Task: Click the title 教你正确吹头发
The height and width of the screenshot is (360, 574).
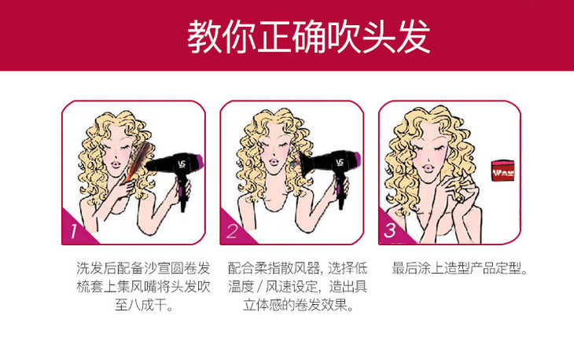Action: (x=308, y=36)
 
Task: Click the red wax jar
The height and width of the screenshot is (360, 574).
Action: (x=502, y=171)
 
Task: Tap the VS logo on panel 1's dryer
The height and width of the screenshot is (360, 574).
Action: (x=182, y=164)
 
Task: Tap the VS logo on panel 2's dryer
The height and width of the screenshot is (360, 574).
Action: (x=340, y=162)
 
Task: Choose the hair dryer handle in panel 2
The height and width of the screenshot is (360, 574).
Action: (x=340, y=191)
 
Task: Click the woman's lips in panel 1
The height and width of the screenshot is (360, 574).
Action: (x=116, y=164)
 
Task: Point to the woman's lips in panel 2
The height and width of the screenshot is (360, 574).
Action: (x=274, y=161)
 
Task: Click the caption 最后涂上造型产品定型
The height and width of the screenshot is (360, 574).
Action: (x=460, y=268)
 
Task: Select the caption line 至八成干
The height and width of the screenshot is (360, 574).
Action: (x=143, y=304)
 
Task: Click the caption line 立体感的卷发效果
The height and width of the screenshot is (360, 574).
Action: (x=298, y=304)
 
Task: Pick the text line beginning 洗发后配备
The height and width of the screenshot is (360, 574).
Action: (x=143, y=268)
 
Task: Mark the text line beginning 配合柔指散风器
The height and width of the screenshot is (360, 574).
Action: (x=297, y=268)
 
